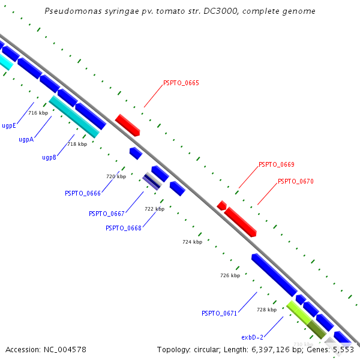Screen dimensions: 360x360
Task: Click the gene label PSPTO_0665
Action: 181,83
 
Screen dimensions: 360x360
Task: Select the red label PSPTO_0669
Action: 276,164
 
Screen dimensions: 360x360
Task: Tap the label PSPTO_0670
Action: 295,181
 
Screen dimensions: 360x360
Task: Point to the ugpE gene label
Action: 8,126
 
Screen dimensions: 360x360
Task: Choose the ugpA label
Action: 26,139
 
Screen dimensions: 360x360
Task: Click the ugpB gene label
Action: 49,157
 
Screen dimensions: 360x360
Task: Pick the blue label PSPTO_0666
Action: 82,193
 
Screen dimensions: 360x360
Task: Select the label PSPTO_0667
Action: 106,214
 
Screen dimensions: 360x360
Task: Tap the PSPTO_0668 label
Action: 123,228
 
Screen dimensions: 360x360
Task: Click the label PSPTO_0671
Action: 219,313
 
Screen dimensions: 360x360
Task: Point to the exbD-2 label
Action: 253,337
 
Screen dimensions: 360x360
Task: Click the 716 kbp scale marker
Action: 38,113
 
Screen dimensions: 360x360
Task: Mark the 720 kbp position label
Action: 116,176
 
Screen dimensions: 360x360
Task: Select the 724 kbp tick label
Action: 192,242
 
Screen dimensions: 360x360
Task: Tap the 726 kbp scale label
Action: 230,275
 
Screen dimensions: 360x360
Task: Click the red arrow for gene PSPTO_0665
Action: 127,125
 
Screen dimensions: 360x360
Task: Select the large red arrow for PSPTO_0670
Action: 241,222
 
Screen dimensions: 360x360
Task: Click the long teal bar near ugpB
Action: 74,116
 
